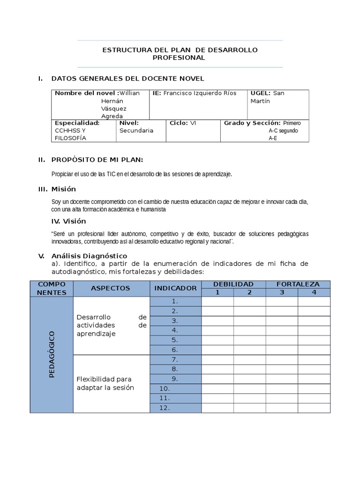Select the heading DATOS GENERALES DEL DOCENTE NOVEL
[127, 79]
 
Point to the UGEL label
[261, 93]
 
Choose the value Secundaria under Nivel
[136, 130]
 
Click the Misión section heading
[63, 189]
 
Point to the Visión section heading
[68, 221]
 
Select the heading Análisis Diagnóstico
[89, 256]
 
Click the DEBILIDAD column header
[233, 284]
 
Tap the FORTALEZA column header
[298, 284]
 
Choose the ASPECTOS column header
[111, 288]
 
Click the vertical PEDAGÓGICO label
[52, 354]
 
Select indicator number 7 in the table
[174, 360]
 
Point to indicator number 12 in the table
[164, 408]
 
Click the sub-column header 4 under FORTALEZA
[314, 292]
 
